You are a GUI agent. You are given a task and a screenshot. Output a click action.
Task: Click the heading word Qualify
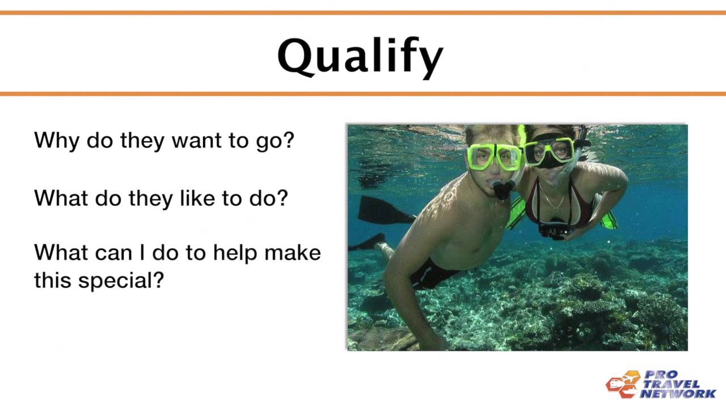(360, 57)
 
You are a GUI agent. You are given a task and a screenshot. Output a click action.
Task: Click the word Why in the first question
(56, 140)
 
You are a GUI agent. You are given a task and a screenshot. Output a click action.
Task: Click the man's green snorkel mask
(493, 156)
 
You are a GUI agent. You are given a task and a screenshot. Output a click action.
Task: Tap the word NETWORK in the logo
(678, 393)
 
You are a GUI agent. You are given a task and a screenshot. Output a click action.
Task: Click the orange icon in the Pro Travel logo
(623, 384)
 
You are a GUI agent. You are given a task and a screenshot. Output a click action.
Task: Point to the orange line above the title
(363, 12)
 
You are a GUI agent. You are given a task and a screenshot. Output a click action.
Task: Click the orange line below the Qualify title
(363, 93)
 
